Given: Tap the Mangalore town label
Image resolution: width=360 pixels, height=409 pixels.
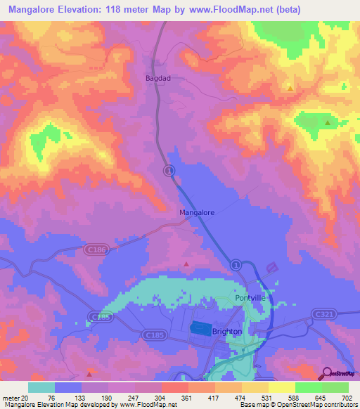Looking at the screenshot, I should click(197, 212).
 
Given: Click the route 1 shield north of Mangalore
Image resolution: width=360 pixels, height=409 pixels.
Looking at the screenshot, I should click(169, 170).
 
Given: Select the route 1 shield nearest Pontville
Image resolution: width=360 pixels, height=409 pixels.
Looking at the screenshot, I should click(236, 264).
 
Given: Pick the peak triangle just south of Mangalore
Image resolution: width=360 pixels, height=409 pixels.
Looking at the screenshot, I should click(186, 265).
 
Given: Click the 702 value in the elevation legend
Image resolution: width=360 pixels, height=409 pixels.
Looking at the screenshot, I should click(345, 398).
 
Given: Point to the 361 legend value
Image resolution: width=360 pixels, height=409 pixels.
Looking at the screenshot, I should click(186, 398).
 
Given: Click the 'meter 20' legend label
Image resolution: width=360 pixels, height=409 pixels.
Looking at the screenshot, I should click(15, 398).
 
